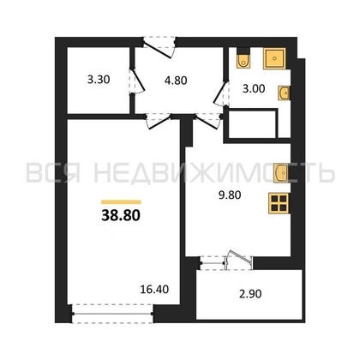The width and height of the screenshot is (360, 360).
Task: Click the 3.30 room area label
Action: [99, 80]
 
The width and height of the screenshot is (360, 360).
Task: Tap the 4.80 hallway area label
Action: [176, 81]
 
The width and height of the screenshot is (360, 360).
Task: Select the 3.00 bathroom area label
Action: [254, 89]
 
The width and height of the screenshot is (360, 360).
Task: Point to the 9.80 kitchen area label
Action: [230, 195]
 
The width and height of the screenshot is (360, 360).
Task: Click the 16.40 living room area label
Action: [154, 290]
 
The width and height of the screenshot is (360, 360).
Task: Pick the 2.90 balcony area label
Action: [250, 294]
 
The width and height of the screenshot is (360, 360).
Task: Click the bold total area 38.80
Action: [121, 216]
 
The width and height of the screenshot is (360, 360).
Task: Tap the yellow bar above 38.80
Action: [121, 202]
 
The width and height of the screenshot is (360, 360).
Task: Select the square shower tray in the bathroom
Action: [274, 58]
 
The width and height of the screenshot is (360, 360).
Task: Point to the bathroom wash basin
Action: [284, 93]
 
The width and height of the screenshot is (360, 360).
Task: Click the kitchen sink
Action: [280, 172]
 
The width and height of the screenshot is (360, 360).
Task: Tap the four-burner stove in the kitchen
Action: [279, 203]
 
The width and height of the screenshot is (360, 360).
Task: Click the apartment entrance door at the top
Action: [159, 46]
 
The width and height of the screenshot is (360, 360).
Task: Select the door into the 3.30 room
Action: [137, 81]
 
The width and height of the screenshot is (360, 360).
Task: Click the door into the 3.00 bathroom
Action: [221, 93]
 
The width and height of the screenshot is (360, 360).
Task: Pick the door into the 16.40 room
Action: [159, 121]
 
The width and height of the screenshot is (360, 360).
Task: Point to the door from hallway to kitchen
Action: [208, 121]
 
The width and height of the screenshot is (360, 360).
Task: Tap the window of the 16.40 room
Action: [112, 314]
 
